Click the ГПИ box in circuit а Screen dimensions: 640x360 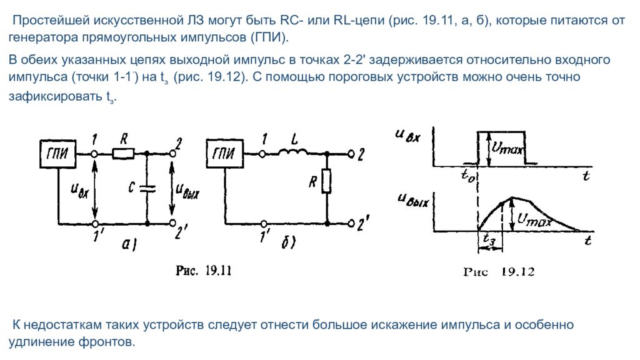(x=57, y=154)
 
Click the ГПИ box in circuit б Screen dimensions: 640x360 (x=225, y=154)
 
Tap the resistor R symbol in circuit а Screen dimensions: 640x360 (x=123, y=154)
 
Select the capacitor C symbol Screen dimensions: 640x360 (x=147, y=189)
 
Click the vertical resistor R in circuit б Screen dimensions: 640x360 (x=326, y=181)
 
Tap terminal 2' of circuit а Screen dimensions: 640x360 (x=172, y=223)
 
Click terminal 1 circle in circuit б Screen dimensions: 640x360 (x=263, y=154)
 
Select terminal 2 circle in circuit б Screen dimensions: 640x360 (x=351, y=154)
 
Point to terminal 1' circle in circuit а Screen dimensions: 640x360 (x=95, y=224)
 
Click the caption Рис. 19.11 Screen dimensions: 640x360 (x=203, y=271)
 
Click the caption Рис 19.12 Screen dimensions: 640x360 (x=499, y=272)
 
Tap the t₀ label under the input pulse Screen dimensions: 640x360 (x=467, y=175)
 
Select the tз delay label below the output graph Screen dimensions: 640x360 (x=489, y=238)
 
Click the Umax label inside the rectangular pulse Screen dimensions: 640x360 (x=506, y=147)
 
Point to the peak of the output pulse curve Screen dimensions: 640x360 (x=512, y=198)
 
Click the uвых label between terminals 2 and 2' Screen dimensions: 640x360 (x=187, y=190)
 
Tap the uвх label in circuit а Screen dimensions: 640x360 (x=79, y=190)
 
